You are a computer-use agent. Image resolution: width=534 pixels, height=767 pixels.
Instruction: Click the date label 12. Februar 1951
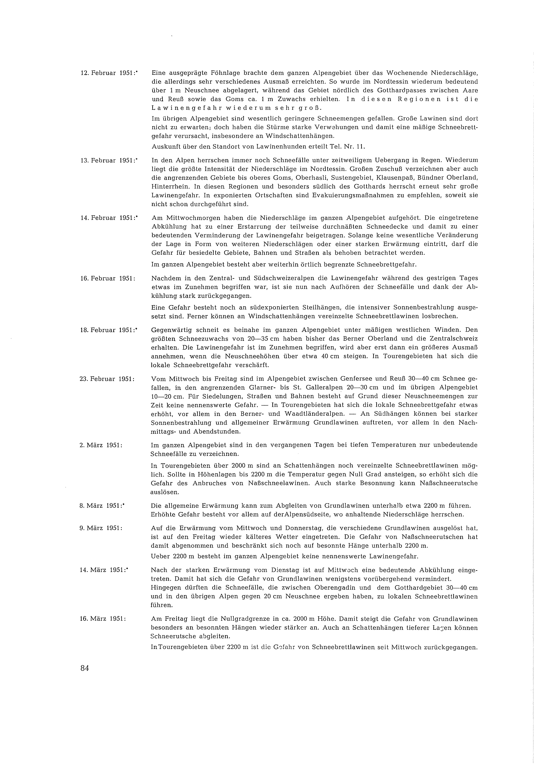(108, 73)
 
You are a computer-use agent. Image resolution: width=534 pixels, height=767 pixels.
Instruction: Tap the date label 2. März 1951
(101, 445)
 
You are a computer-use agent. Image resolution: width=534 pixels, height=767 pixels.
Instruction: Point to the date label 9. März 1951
(101, 528)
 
